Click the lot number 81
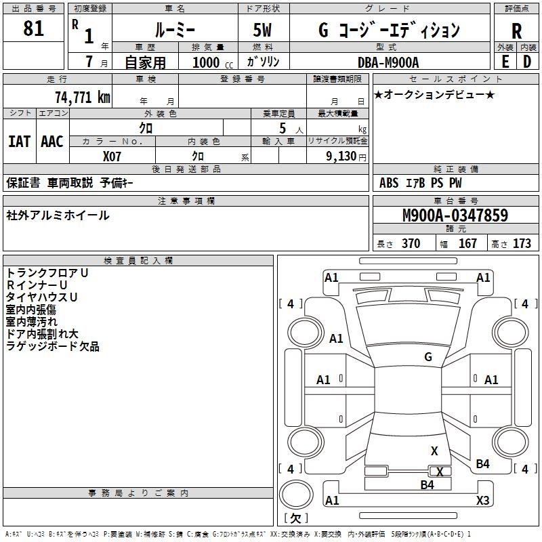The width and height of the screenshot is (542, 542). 33,29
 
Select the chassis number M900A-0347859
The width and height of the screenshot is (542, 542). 455,216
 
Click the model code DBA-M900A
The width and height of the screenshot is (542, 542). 388,62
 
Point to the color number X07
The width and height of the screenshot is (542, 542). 112,156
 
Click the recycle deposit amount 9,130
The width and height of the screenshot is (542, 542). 336,156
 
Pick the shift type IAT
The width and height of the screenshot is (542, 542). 19,142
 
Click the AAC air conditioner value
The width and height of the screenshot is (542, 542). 52,142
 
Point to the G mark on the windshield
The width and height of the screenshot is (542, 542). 428,357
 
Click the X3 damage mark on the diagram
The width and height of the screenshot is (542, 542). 482,501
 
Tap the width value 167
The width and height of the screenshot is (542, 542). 467,244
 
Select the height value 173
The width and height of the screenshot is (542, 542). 522,244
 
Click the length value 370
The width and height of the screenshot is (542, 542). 411,244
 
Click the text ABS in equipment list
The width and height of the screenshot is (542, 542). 389,183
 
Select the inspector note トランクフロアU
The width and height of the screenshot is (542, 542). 47,272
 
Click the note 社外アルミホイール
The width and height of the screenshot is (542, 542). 58,215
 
